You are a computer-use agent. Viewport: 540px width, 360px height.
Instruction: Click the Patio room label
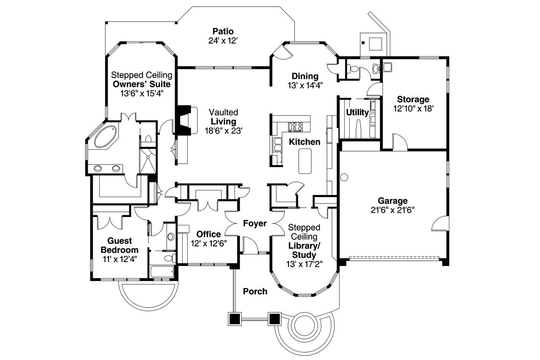coord(223,31)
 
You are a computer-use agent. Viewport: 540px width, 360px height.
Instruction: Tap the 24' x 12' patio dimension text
coord(223,41)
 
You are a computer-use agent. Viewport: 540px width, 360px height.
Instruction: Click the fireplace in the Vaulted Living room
coord(184,120)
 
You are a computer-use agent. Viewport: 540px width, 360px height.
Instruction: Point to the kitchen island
coord(304,161)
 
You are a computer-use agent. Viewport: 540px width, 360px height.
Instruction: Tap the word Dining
coord(305,76)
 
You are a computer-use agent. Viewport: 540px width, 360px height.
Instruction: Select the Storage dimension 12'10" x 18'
coord(413,108)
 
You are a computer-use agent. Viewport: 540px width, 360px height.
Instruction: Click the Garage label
coord(392,200)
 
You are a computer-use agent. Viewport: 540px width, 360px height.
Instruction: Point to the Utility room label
coord(357,113)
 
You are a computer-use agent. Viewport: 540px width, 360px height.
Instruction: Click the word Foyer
coord(255,223)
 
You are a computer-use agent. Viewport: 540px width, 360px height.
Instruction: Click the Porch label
coord(255,291)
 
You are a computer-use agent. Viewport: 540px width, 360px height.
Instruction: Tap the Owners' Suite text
coord(141,84)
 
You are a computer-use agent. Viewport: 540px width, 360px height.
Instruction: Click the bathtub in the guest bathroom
coord(162,271)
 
